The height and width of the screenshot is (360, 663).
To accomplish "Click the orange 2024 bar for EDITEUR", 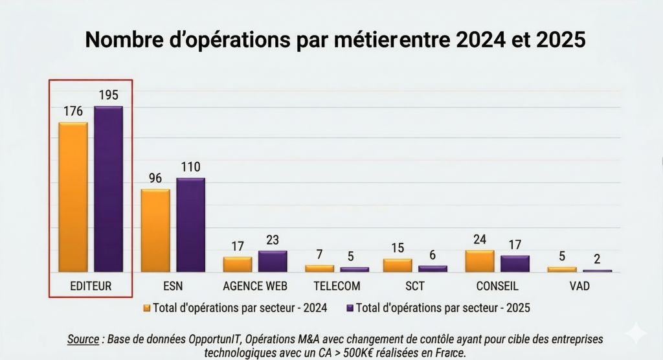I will [73, 197].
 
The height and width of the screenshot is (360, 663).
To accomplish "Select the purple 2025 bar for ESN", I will [190, 225].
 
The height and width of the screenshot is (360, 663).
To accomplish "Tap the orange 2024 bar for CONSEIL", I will [479, 261].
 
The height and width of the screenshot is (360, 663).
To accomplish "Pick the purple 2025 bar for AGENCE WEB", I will [273, 262].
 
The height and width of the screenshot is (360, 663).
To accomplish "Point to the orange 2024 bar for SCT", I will [398, 265].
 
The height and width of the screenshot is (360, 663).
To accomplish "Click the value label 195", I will [109, 95].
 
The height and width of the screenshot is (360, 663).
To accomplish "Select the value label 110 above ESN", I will [190, 167].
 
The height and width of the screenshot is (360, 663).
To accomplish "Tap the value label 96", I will [155, 178].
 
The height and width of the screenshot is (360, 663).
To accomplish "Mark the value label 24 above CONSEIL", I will [480, 240].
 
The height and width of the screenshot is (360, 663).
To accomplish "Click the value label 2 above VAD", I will [597, 259].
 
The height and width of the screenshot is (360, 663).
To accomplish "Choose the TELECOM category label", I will [337, 286].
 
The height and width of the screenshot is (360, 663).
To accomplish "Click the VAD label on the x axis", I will [579, 286].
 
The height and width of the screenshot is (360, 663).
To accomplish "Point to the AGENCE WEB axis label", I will [255, 286].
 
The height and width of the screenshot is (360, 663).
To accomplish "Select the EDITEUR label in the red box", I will [91, 286].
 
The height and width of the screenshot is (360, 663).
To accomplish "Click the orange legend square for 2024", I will [146, 308].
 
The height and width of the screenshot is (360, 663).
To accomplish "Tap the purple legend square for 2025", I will [350, 308].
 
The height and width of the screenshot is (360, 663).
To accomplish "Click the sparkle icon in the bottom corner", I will [636, 333].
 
